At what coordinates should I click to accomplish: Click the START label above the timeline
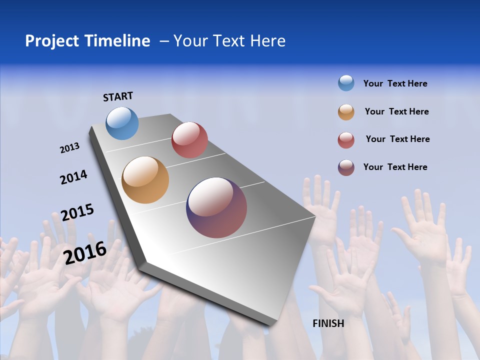click(118, 96)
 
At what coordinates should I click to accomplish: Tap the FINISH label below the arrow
click(328, 323)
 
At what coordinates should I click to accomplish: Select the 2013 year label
click(69, 148)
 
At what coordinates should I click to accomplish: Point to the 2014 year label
click(73, 177)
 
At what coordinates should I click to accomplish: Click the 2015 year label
click(77, 212)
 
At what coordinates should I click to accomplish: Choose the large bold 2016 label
click(85, 252)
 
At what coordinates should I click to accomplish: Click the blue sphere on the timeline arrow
click(122, 123)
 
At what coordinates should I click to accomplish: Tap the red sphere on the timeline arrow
click(189, 140)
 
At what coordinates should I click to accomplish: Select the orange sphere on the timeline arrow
click(145, 180)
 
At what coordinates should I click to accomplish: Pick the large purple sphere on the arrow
click(216, 207)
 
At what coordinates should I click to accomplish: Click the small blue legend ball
click(346, 83)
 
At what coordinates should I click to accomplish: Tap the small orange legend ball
click(346, 112)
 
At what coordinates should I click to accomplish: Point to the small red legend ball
click(346, 140)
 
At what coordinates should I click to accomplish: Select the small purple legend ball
click(346, 167)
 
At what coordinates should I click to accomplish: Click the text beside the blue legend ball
click(395, 83)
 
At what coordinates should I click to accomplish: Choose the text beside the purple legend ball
click(395, 167)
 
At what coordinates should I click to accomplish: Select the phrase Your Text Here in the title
click(229, 41)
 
